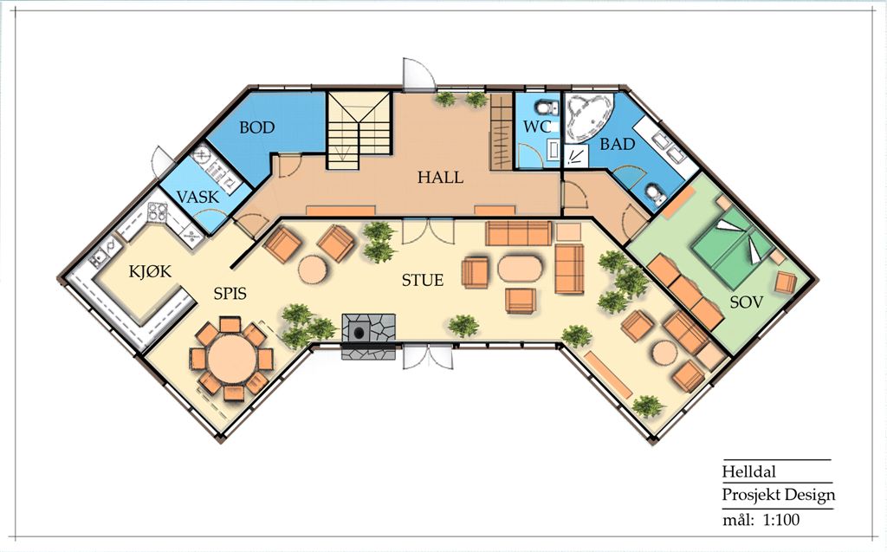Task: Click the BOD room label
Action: point(256,127)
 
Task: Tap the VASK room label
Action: point(197,197)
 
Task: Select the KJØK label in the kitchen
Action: point(150,272)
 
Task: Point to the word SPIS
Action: point(230,293)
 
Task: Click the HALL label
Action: point(440,177)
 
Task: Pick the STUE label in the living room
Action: point(423,280)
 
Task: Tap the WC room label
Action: point(537,127)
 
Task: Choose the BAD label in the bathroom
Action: point(617,145)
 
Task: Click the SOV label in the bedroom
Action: point(746,302)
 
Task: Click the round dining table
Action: point(232,360)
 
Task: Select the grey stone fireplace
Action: point(368,335)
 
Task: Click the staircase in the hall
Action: point(359,130)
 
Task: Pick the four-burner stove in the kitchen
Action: point(158,212)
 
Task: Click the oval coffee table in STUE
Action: point(520,269)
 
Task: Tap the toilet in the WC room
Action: point(546,106)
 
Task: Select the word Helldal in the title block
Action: point(749,472)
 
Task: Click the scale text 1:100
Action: point(781,520)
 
